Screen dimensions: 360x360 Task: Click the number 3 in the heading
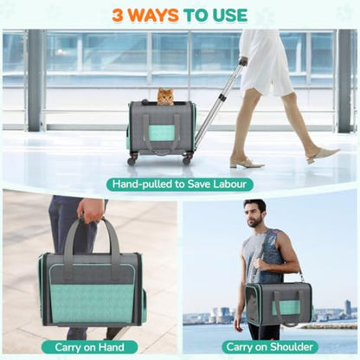(x=121, y=15)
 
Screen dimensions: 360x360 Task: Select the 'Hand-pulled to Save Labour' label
(x=180, y=183)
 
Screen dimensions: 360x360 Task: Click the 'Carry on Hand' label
(x=89, y=346)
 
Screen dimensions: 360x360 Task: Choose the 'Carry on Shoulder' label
(x=270, y=346)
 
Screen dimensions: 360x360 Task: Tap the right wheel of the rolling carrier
(x=188, y=159)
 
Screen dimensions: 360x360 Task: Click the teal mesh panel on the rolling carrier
(x=161, y=132)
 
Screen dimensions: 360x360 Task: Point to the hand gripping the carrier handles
(x=90, y=210)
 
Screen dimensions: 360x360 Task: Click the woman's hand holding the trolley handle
(x=243, y=61)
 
